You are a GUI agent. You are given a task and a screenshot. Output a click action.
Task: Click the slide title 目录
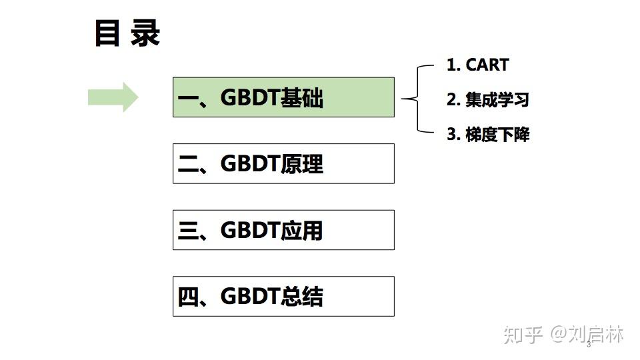point(127,34)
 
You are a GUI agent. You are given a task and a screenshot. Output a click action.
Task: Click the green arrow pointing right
point(113,97)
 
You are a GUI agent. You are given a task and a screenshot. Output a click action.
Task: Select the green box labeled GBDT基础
point(283,97)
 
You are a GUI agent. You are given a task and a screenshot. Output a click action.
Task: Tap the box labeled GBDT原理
point(283,163)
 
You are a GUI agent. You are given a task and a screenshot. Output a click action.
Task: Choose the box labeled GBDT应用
point(283,230)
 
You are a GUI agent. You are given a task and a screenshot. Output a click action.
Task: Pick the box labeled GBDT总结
point(283,296)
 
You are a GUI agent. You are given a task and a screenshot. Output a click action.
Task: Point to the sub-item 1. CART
point(477,65)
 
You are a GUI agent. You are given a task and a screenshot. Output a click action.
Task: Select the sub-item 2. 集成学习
point(487,100)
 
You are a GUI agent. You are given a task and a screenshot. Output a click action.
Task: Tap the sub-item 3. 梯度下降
point(487,135)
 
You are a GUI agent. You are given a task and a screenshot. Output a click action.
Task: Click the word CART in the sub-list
point(487,65)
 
